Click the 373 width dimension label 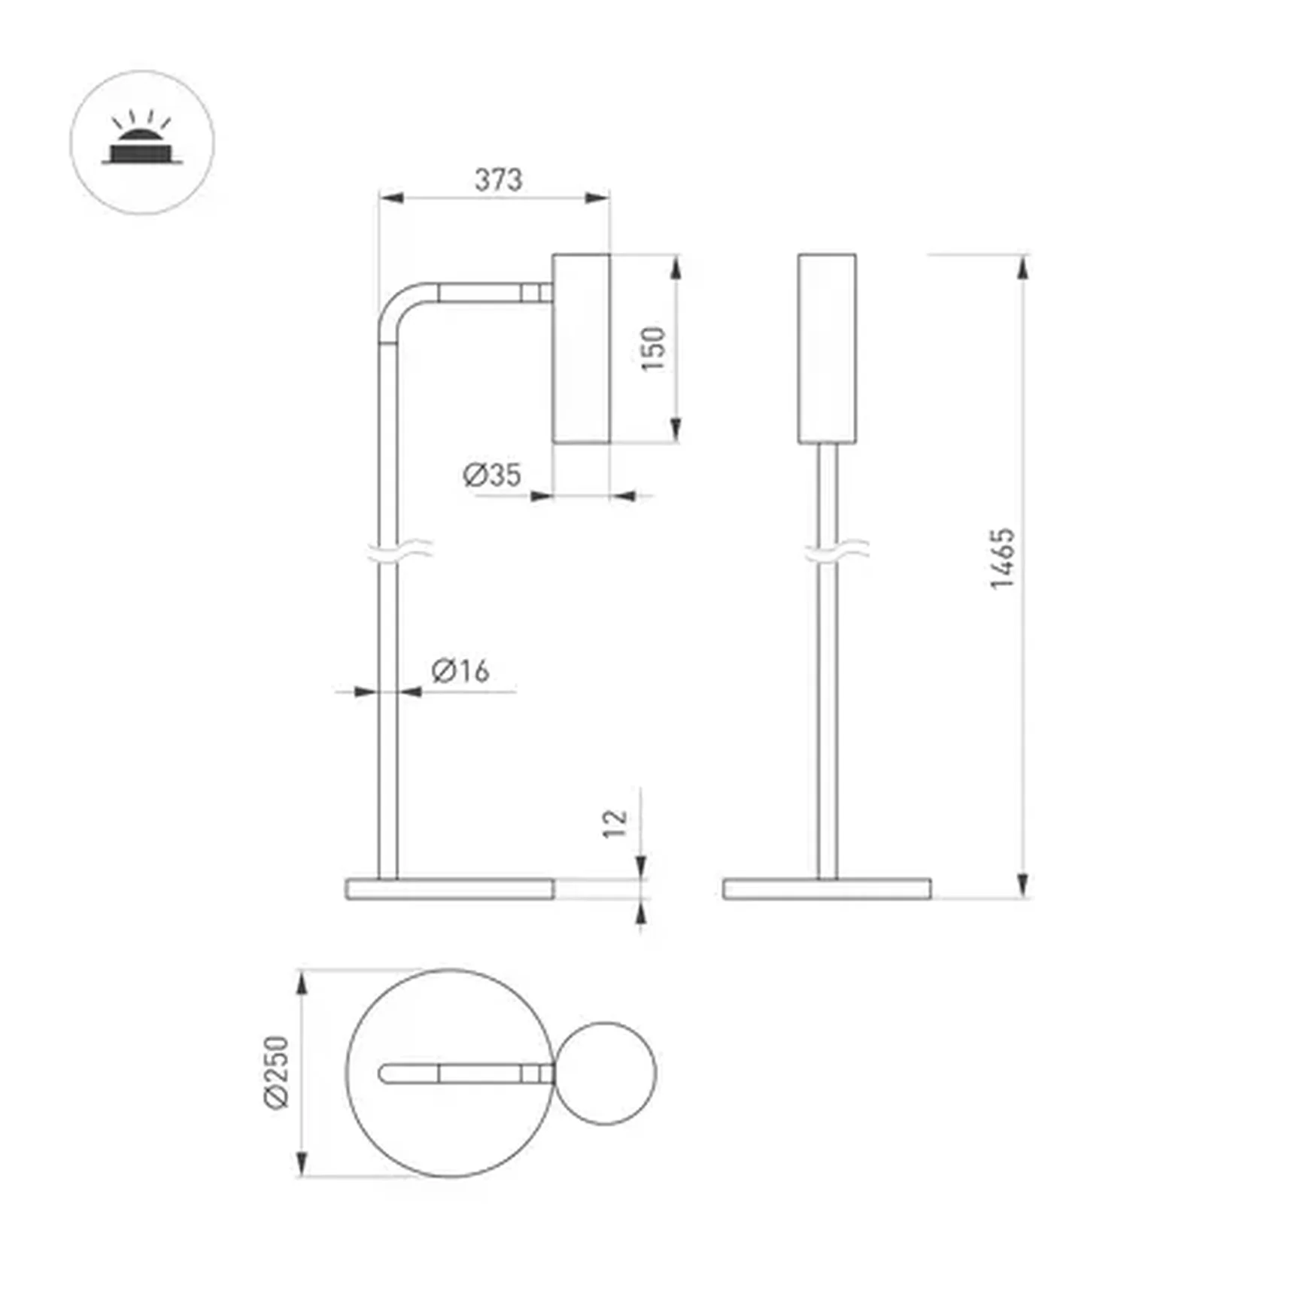(498, 180)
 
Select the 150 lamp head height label (653, 348)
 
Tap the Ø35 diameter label (492, 475)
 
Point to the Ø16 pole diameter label (460, 670)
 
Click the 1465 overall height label (1002, 559)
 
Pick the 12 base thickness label (615, 823)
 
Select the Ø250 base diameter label (276, 1071)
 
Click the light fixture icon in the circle (142, 142)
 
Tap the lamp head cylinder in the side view (581, 348)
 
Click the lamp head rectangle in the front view (826, 348)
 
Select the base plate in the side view (450, 888)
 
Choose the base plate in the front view (826, 888)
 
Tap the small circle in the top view (606, 1074)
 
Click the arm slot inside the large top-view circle (466, 1074)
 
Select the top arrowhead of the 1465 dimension (1022, 268)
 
